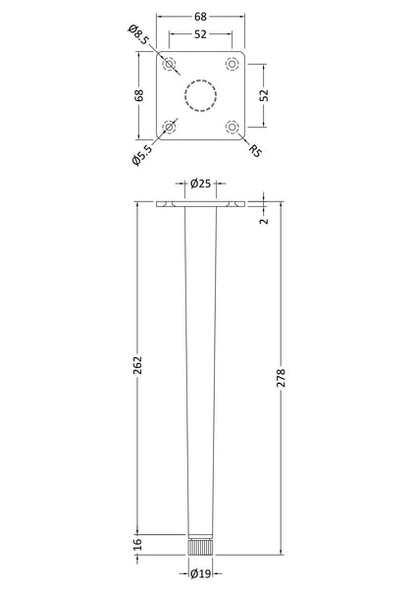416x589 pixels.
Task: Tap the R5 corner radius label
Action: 254,150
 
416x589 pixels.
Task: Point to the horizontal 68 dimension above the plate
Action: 201,17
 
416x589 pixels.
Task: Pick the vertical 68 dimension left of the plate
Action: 139,95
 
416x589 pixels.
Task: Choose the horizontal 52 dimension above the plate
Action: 201,34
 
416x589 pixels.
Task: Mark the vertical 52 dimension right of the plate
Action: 263,95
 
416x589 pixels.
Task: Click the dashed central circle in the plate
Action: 201,95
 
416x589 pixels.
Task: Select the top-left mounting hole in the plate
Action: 171,65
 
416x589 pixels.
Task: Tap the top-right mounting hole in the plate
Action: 233,65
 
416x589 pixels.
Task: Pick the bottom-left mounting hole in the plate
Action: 171,127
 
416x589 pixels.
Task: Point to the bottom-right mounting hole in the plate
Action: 233,127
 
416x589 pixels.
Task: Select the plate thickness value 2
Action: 263,222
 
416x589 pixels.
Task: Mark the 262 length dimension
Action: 138,363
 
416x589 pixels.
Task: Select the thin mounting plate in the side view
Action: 201,205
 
